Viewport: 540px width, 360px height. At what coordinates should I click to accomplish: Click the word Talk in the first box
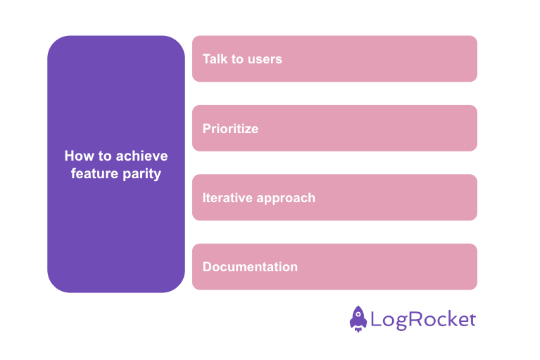215,59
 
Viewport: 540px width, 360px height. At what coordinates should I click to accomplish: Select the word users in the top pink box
265,59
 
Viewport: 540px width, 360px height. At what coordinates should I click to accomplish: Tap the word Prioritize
230,129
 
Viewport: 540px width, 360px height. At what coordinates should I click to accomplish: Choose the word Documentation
250,267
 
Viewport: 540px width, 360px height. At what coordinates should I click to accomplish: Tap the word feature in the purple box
94,173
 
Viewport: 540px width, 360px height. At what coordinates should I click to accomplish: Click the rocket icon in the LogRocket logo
358,319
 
